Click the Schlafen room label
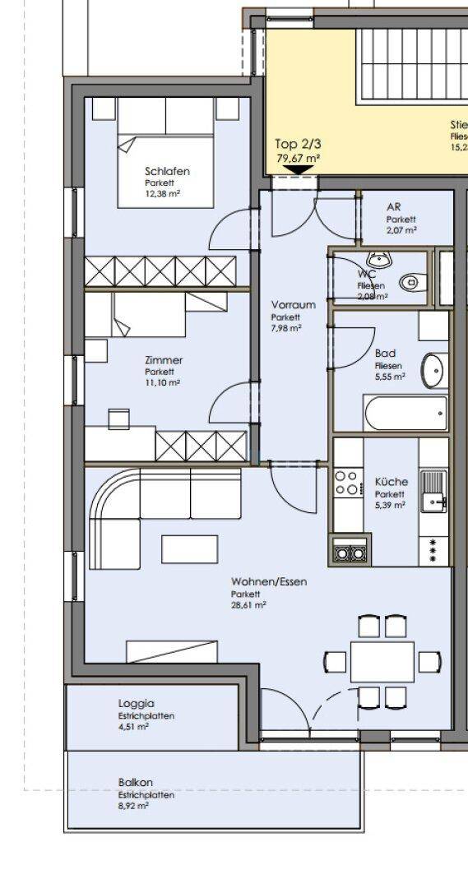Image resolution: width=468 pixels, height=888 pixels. tap(167, 171)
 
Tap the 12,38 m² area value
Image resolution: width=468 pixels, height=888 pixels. tap(162, 194)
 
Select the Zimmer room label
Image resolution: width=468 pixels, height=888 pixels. tap(163, 360)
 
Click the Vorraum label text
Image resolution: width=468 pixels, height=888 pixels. tap(294, 304)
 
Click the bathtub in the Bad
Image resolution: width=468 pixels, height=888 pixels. tap(405, 414)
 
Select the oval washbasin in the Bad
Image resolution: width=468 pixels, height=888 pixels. tap(433, 370)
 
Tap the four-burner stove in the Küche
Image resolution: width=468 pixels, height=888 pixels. tap(346, 483)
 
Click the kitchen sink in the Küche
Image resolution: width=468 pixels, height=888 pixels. tap(433, 491)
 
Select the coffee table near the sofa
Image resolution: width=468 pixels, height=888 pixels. tap(189, 548)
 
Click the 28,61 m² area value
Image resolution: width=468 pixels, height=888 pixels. tap(248, 604)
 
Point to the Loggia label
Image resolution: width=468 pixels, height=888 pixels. tap(136, 704)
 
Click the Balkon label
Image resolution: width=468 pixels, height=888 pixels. tap(135, 783)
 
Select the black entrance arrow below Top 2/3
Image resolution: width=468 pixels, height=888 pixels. tap(297, 170)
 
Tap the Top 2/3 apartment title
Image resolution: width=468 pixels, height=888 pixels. tap(293, 143)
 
